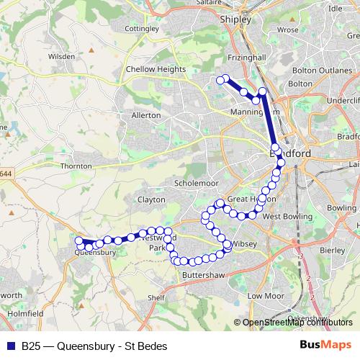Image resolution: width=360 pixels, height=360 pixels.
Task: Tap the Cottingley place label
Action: (x=142, y=29)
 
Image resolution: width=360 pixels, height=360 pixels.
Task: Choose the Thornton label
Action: (x=76, y=166)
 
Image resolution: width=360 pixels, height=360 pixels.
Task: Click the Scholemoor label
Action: (x=190, y=183)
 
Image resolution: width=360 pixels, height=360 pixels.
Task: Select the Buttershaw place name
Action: (x=200, y=275)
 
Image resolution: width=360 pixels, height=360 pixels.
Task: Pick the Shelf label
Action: (x=156, y=297)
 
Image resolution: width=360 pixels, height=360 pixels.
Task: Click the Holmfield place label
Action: (x=26, y=314)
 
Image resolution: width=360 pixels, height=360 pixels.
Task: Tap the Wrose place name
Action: (x=287, y=30)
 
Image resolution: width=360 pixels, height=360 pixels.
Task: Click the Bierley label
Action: (x=331, y=250)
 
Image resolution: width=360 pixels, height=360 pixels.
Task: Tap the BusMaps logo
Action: (x=325, y=345)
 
